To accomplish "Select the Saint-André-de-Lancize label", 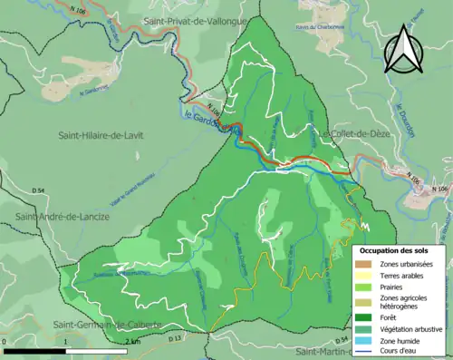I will pos(62,217).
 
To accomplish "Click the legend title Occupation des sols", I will pos(399,248).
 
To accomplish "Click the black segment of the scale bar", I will pos(34,348).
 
